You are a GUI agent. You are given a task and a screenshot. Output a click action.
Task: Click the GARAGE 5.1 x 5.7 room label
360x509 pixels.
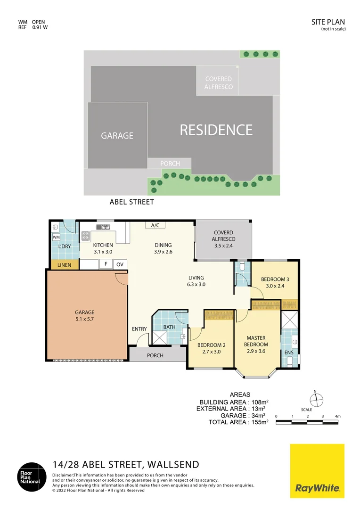(84, 316)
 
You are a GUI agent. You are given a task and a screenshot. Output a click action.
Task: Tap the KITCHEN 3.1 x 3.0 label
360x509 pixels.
(103, 248)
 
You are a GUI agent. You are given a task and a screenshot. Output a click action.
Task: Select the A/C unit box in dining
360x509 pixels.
(155, 225)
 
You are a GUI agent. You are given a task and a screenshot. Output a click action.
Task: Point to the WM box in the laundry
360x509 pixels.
(56, 237)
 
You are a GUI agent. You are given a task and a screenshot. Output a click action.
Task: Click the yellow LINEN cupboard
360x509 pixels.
(64, 265)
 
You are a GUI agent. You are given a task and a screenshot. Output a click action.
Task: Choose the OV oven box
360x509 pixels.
(120, 264)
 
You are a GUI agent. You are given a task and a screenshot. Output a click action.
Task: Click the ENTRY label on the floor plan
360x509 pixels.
(139, 329)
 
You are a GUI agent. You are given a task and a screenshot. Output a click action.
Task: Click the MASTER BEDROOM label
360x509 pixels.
(257, 341)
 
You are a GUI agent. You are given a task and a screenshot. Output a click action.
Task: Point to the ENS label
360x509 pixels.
(288, 352)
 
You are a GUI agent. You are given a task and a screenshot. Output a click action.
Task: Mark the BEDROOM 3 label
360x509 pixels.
(275, 282)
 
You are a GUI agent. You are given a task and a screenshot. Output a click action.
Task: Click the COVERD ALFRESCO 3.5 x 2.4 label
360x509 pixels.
(223, 239)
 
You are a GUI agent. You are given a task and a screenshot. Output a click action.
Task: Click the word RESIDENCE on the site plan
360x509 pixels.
(216, 130)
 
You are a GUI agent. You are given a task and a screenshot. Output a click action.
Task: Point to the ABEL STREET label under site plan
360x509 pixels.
(131, 202)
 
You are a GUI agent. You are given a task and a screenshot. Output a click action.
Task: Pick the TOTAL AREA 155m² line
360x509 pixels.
(238, 422)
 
